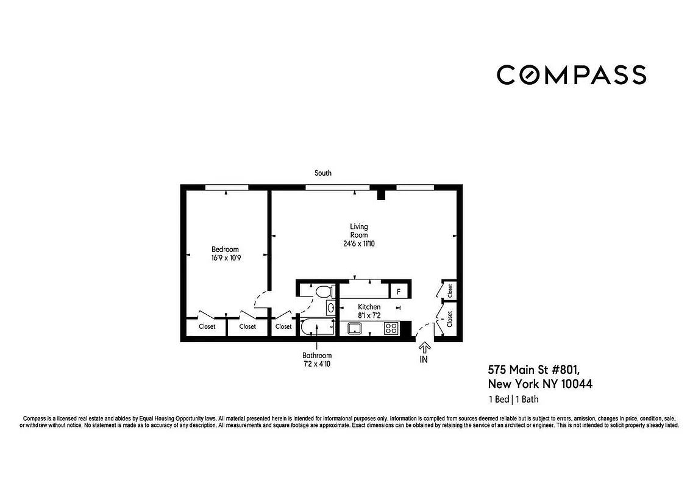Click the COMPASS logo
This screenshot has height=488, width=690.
571,74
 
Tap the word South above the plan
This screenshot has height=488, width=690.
323,173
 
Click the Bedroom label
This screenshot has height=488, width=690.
225,249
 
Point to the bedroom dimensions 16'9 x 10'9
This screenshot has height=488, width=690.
225,257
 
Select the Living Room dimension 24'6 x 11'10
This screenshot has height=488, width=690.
359,244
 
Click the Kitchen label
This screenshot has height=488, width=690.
369,307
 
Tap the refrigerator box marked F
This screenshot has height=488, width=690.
399,292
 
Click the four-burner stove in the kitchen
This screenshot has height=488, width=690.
391,328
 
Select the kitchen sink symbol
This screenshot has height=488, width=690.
355,329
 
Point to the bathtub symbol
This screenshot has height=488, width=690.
317,328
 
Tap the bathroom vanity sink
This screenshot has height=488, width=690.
330,307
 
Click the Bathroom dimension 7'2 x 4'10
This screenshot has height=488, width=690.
316,364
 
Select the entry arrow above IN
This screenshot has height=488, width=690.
424,347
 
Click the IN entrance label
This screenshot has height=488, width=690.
424,359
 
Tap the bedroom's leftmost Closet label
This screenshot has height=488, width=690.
207,327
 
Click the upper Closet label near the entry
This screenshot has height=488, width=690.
450,290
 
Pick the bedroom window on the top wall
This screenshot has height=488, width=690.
226,187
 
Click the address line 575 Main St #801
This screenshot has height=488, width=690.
533,370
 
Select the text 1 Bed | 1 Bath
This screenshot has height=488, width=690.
513,400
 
